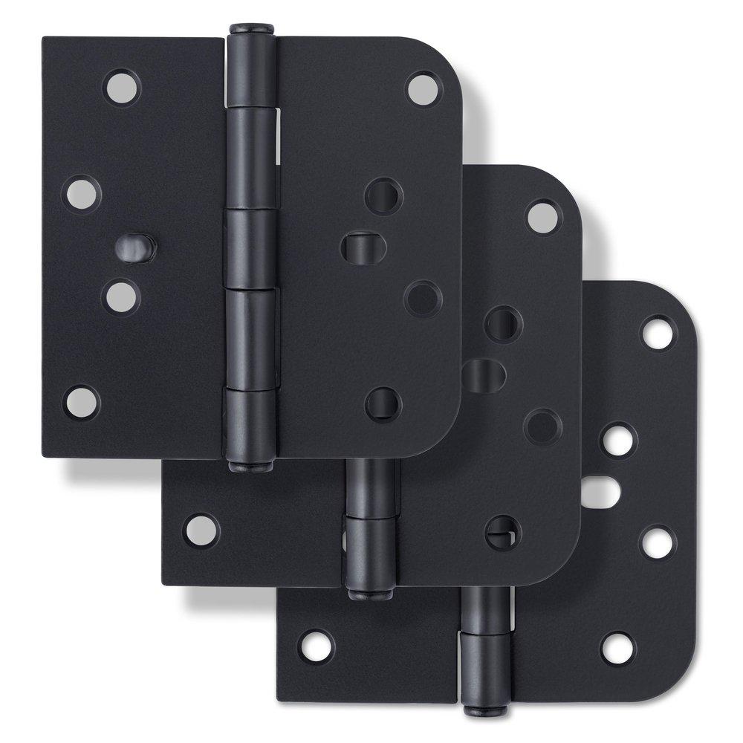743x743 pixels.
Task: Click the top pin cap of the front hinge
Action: click(x=251, y=30)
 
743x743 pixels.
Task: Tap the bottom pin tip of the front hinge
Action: click(x=251, y=467)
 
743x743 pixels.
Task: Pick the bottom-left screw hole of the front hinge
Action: click(x=82, y=401)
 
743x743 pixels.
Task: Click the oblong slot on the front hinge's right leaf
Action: click(x=359, y=247)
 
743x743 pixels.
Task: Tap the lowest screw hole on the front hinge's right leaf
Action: click(x=383, y=404)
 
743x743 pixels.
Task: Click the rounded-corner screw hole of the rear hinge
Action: click(x=658, y=332)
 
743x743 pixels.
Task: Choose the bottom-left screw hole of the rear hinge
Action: click(x=317, y=646)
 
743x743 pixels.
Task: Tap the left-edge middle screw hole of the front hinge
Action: click(x=82, y=192)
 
